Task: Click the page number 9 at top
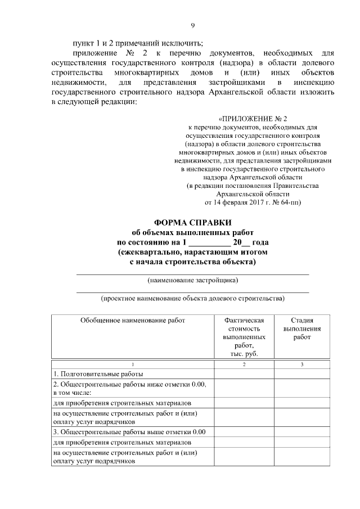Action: [192, 25]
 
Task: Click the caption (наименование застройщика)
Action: [192, 279]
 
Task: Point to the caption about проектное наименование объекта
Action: [192, 298]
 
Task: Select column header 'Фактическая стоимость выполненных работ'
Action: [244, 336]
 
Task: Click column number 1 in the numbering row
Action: [133, 364]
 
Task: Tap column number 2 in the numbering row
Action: [244, 364]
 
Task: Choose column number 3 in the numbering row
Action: [302, 364]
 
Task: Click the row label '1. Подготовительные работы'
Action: [98, 373]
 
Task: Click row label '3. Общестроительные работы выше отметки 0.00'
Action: [130, 432]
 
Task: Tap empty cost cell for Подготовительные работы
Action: [244, 373]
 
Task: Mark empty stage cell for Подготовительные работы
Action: [302, 373]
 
